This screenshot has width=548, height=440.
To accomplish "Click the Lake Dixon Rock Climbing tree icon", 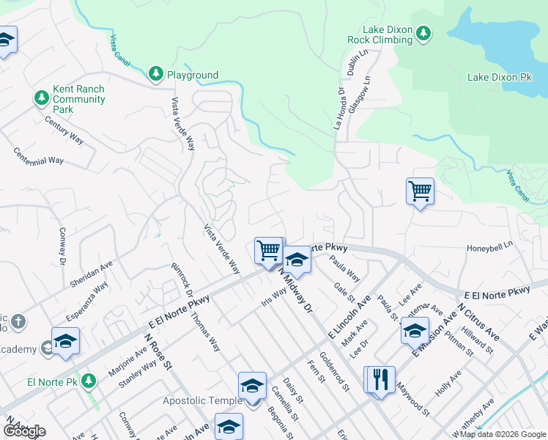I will click(x=423, y=33).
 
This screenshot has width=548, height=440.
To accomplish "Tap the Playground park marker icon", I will click(x=155, y=74).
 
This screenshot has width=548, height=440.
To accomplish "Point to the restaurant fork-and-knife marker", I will click(x=379, y=380).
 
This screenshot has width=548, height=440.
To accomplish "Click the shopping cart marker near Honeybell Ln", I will click(x=420, y=192).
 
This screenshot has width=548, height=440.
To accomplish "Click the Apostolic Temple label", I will click(x=202, y=400).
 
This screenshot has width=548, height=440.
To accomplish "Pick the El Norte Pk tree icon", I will click(x=89, y=381).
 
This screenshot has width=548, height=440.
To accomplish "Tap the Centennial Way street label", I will click(x=39, y=156).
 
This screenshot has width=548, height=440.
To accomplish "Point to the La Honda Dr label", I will click(x=338, y=109).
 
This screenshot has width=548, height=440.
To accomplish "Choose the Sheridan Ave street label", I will click(x=91, y=272).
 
